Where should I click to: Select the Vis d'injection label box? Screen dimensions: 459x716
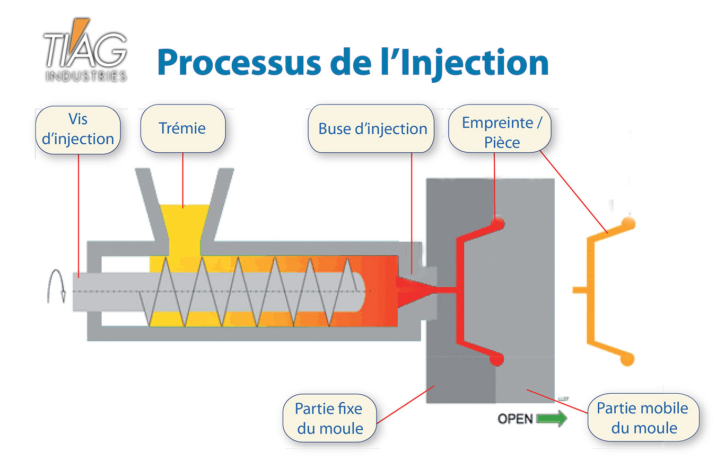(77, 130)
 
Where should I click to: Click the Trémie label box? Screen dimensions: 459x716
(182, 128)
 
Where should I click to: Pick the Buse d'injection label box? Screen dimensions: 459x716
(372, 128)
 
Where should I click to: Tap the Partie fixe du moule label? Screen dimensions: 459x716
(329, 418)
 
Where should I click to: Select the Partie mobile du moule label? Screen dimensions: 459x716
(643, 418)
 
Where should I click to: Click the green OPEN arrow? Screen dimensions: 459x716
(552, 419)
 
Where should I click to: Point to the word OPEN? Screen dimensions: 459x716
(515, 419)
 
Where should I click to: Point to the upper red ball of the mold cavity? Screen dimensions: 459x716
(497, 222)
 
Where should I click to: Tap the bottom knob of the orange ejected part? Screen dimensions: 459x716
(627, 359)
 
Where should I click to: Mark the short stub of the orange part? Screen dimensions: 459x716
(580, 290)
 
